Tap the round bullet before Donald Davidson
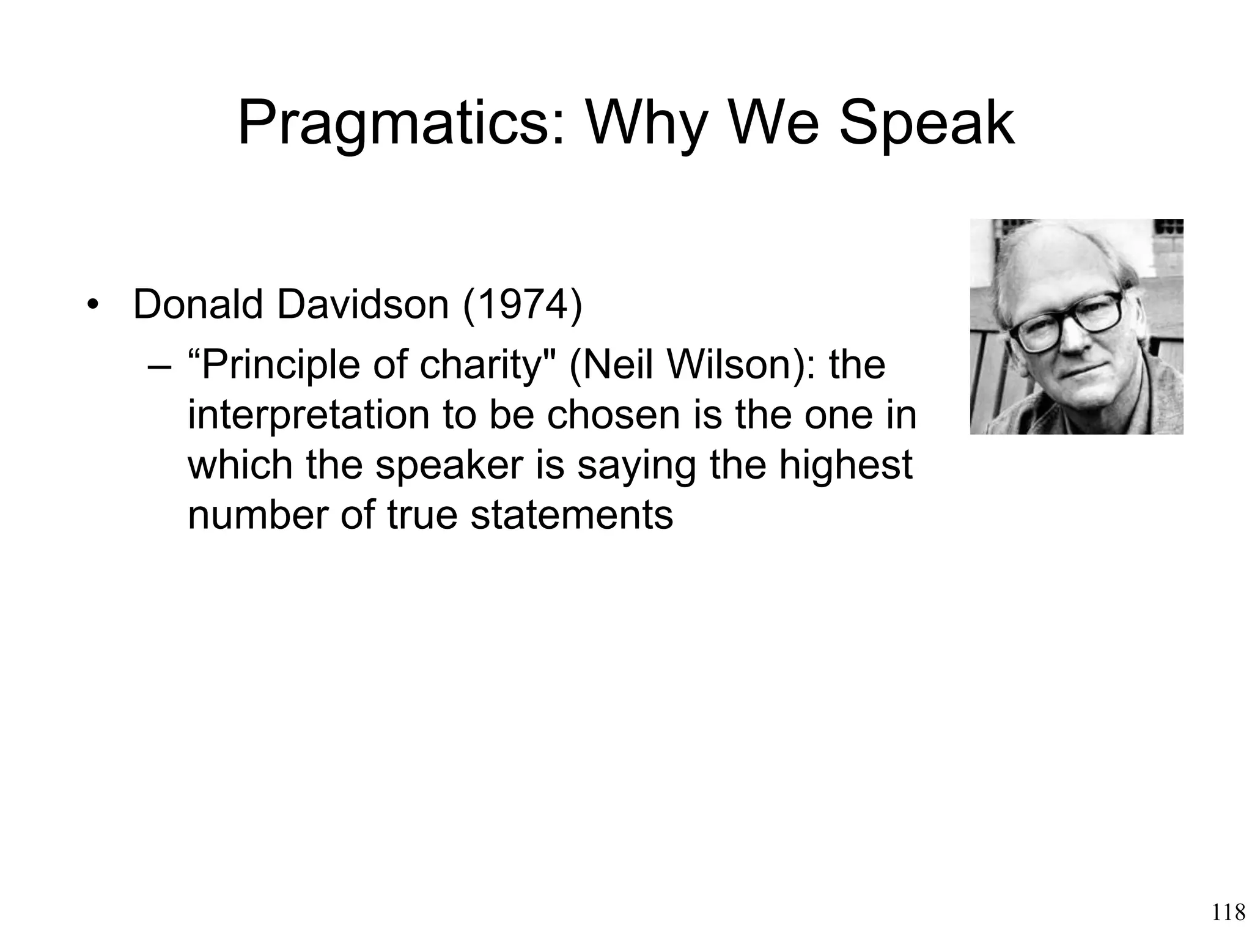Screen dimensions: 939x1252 pyautogui.click(x=93, y=305)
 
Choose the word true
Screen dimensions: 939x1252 pyautogui.click(x=422, y=514)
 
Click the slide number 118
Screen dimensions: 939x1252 pyautogui.click(x=1228, y=913)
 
